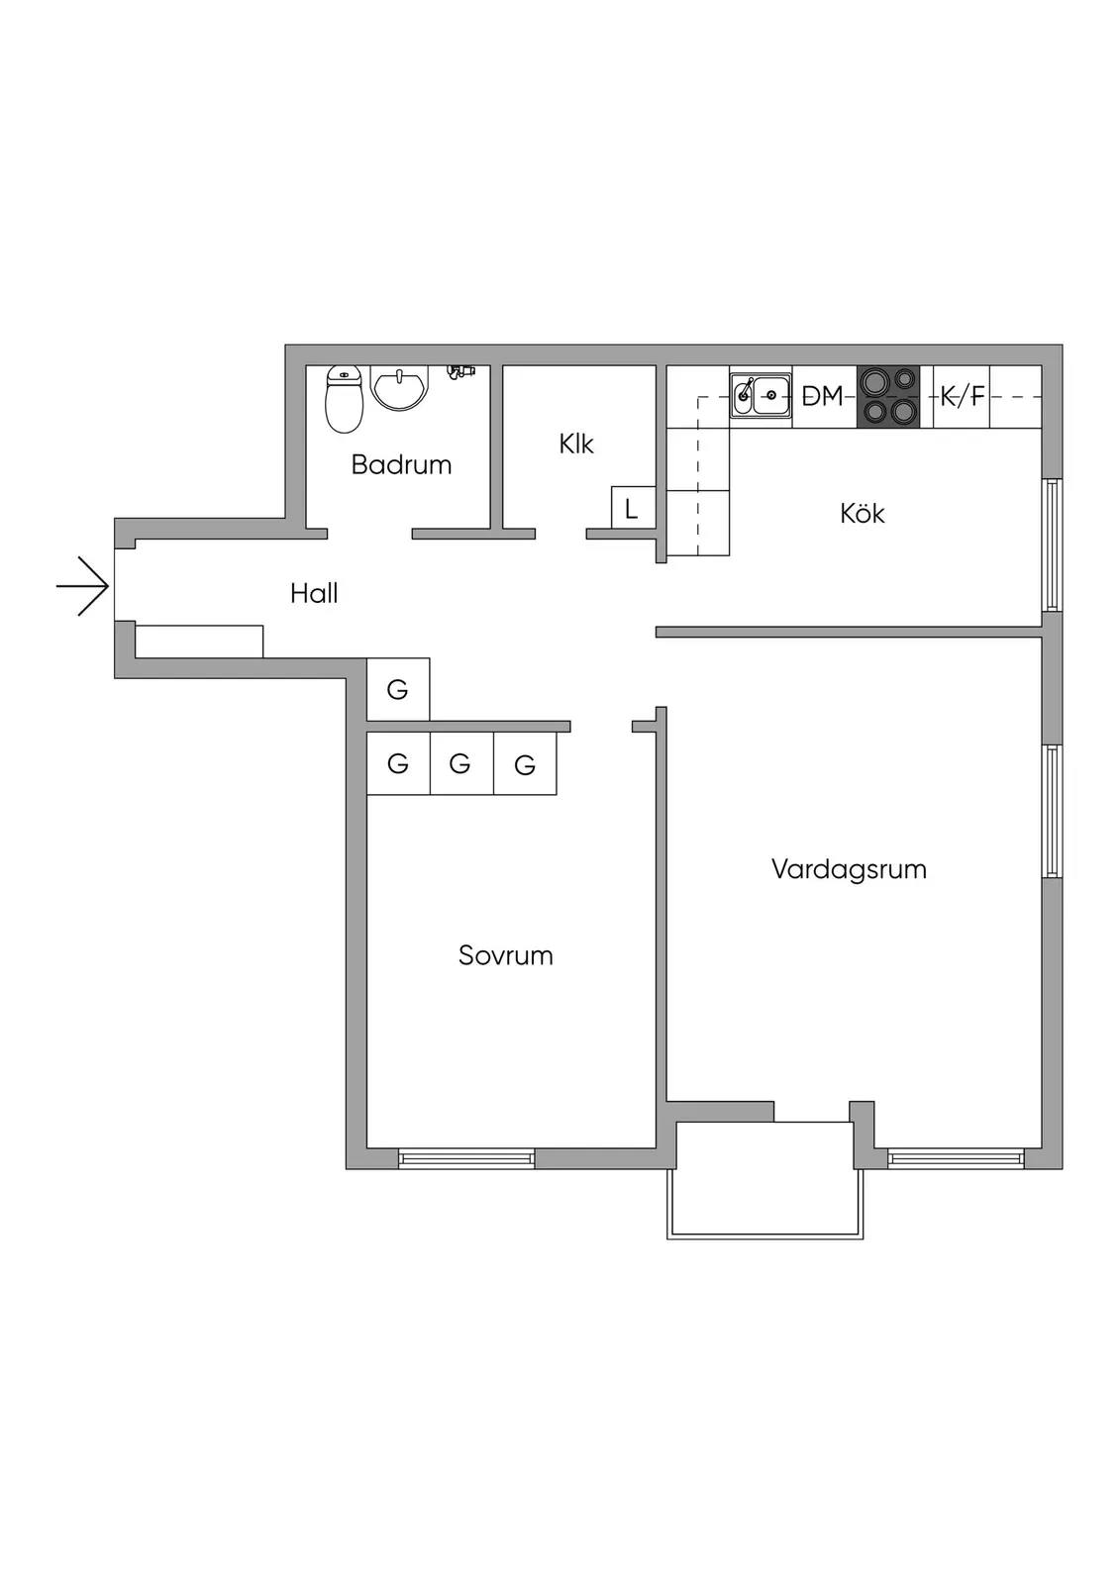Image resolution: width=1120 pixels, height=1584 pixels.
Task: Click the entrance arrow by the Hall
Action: [x=83, y=586]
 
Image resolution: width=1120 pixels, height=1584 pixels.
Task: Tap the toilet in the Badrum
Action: [x=344, y=399]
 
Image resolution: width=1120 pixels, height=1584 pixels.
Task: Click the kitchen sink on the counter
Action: [x=762, y=396]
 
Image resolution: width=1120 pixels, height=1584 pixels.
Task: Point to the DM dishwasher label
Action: [x=823, y=396]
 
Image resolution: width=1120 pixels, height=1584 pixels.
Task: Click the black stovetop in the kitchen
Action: [x=888, y=396]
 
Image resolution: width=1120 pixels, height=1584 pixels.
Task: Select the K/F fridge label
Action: [x=963, y=397]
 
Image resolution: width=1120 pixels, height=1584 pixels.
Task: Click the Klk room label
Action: [x=576, y=445]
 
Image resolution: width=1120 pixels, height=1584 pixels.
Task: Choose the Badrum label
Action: [x=401, y=464]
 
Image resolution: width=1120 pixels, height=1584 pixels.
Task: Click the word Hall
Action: [x=314, y=593]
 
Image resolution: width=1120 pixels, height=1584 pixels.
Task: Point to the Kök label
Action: [x=862, y=513]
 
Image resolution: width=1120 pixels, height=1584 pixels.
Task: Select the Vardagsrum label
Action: [x=849, y=870]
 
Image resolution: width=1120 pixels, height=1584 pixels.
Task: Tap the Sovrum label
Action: [x=505, y=955]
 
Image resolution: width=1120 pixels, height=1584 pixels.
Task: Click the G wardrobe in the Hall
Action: [x=398, y=689]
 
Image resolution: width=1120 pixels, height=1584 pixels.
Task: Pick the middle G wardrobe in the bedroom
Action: [x=460, y=763]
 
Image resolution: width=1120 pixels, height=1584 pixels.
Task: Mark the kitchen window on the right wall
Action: [x=1053, y=544]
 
